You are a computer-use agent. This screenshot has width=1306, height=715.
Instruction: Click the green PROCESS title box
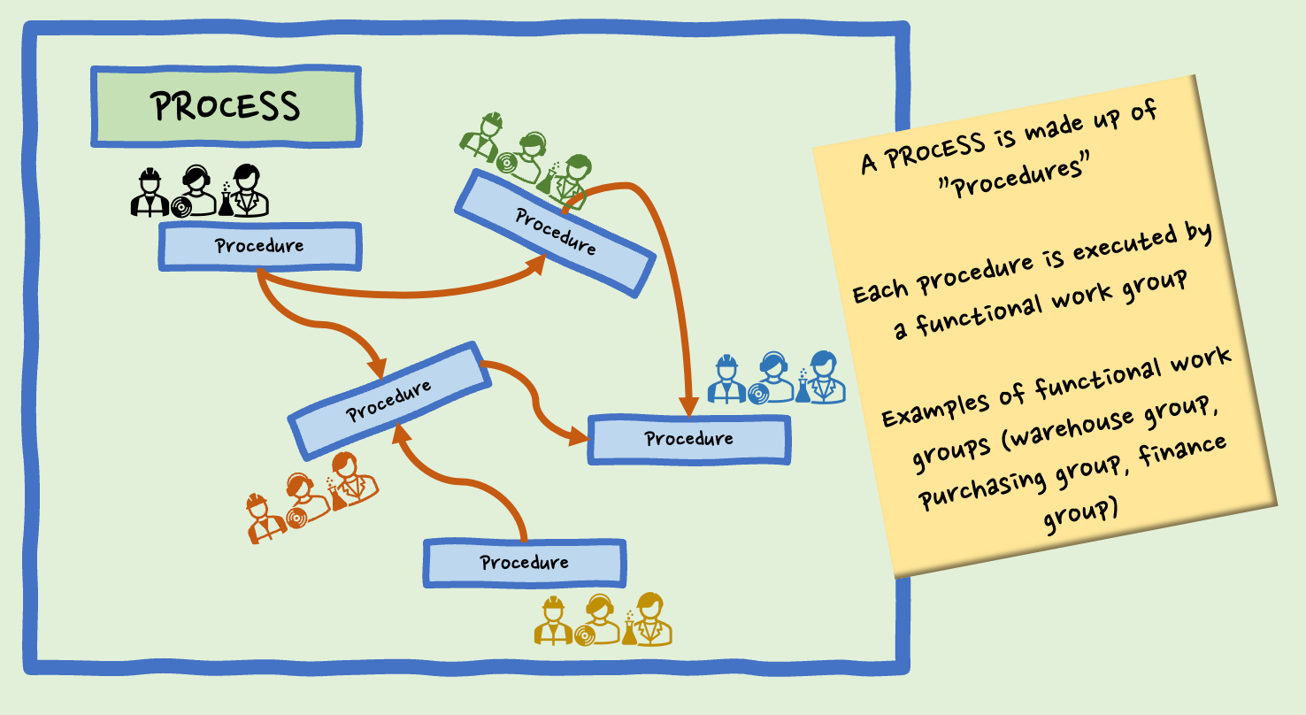tap(226, 106)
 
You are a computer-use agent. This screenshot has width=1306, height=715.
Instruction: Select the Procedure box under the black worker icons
tap(260, 246)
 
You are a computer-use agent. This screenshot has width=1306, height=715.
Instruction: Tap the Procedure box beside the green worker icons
tap(555, 232)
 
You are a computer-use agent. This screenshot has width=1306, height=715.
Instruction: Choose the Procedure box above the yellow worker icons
tap(525, 563)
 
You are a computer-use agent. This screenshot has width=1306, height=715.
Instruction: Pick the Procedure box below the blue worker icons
tap(688, 439)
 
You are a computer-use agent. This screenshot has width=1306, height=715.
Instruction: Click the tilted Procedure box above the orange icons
tap(389, 399)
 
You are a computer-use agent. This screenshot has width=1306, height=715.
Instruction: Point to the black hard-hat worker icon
tap(150, 192)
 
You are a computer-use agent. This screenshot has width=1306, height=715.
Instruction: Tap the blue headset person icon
tap(772, 378)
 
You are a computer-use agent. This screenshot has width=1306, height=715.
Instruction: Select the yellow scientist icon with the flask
tap(649, 619)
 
